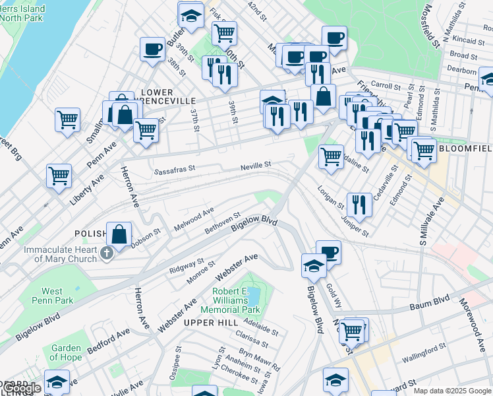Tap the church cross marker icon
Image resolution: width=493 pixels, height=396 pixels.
(105, 252)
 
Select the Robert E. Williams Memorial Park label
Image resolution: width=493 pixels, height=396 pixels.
(237, 300)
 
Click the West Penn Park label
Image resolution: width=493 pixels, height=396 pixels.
(52, 296)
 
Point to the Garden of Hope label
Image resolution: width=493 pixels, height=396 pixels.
(66, 352)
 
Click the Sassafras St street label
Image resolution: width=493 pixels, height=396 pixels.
(175, 170)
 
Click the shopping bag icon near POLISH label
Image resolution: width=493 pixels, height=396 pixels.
(119, 234)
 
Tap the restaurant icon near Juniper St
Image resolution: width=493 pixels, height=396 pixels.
(359, 203)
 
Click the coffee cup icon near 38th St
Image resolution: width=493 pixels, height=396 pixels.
(152, 48)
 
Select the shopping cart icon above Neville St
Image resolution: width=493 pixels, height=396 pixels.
(331, 156)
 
